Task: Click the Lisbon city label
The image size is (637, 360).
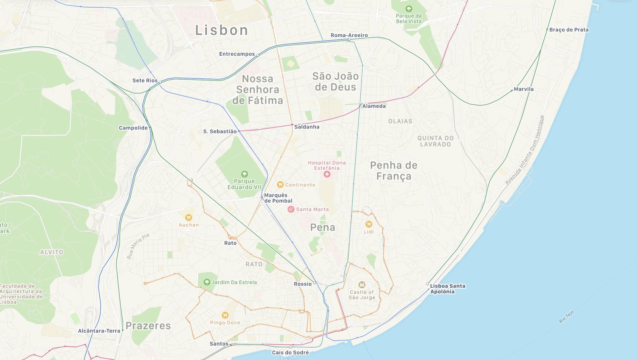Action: (221, 30)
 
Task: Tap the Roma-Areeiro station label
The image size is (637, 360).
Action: (349, 35)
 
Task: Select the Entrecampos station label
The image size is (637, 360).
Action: (237, 54)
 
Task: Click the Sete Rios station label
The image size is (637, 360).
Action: (145, 80)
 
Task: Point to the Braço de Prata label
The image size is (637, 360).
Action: (569, 29)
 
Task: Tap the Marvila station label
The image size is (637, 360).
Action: (524, 89)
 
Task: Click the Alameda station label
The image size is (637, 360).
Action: (374, 106)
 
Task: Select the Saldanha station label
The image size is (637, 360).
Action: (307, 127)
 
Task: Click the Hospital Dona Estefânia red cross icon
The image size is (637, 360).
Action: (327, 174)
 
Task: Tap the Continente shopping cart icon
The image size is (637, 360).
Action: (280, 184)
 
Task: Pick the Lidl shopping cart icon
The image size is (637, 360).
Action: (369, 224)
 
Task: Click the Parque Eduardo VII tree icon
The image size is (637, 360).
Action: (244, 174)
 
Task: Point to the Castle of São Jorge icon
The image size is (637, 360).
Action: (362, 284)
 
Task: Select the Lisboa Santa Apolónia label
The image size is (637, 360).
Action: (447, 289)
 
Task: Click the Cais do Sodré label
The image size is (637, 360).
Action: (290, 352)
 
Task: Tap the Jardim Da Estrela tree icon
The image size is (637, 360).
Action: (207, 282)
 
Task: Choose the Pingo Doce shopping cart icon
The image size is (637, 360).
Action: (225, 315)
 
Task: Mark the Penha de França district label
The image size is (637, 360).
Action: (393, 170)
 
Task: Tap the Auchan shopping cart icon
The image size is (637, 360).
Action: (188, 217)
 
